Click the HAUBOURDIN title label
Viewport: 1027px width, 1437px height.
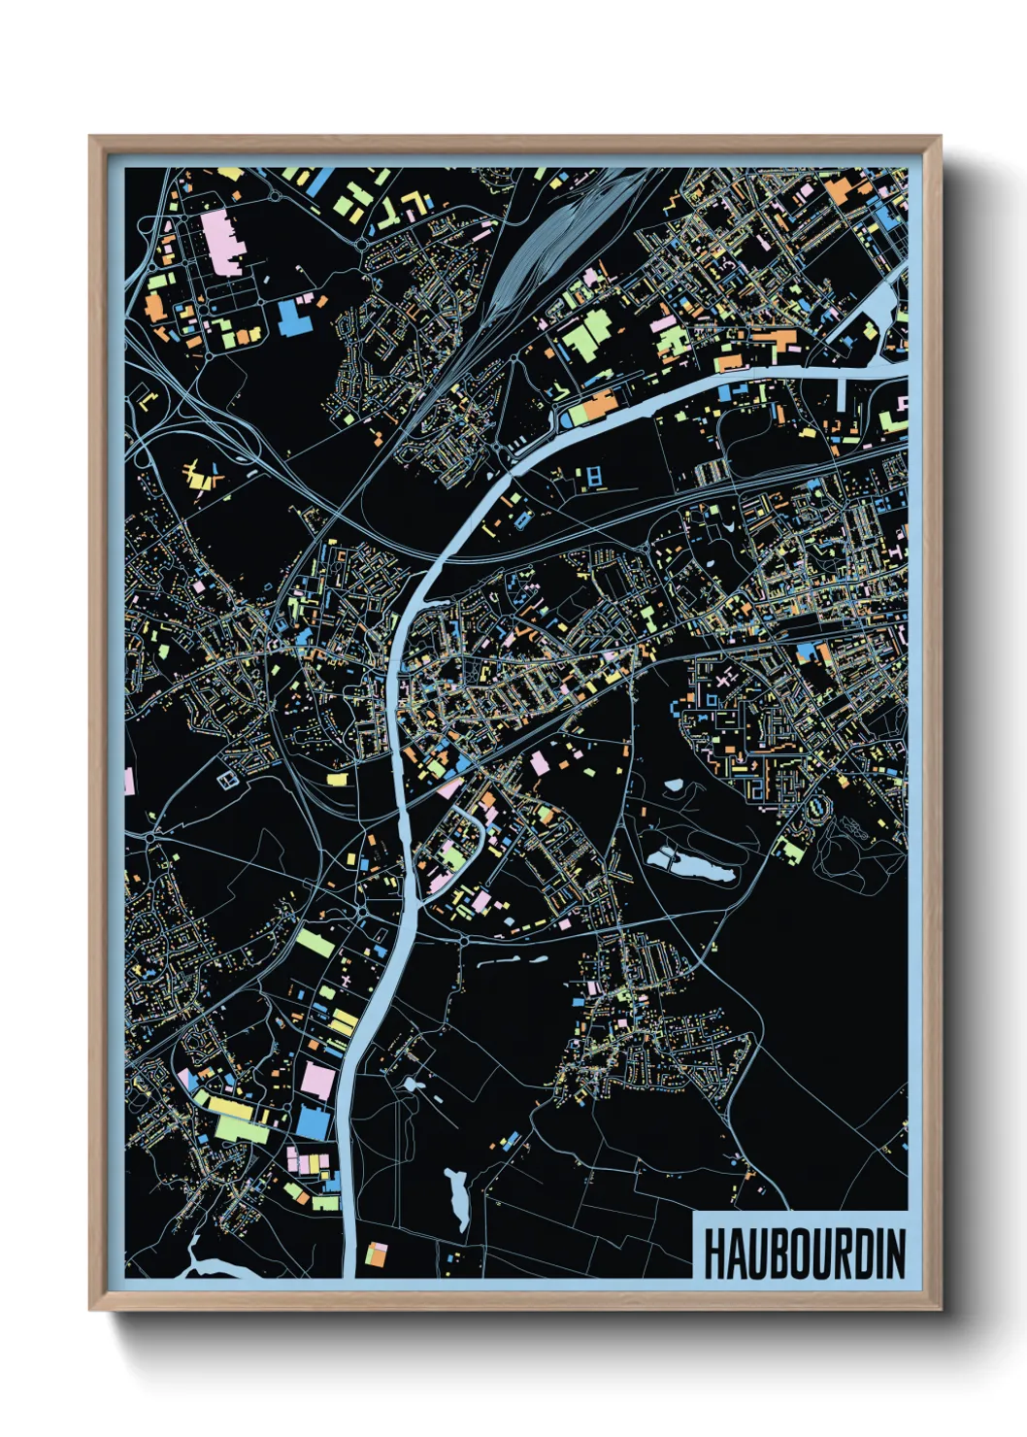(804, 1253)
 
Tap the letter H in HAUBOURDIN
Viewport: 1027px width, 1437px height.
(713, 1254)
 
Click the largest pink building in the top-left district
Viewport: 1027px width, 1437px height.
(222, 243)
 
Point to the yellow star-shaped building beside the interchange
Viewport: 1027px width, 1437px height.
(201, 476)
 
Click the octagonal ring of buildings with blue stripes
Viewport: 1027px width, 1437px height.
(817, 805)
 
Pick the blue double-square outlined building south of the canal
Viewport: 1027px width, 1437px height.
(594, 476)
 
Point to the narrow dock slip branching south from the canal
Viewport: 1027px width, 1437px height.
(841, 393)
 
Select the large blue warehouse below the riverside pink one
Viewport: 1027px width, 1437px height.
(313, 1122)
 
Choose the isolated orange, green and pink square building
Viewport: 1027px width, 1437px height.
(376, 1254)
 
